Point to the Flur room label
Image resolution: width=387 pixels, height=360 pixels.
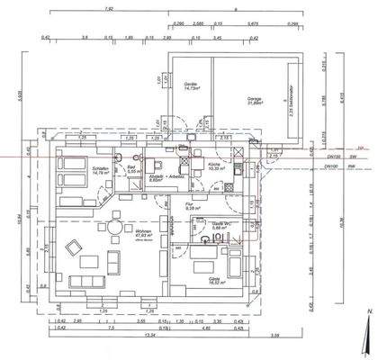(x=191, y=204)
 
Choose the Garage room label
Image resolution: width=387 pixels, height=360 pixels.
(x=255, y=99)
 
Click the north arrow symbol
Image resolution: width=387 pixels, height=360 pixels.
(x=368, y=333)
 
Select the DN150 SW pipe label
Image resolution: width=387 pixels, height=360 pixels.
(x=333, y=157)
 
